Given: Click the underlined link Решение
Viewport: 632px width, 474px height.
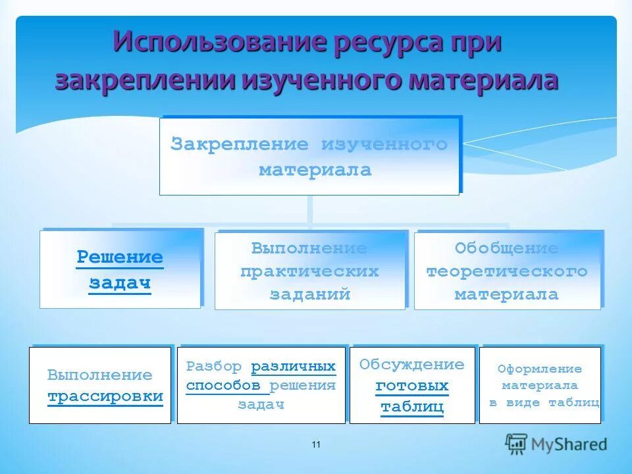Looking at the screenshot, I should [120, 257].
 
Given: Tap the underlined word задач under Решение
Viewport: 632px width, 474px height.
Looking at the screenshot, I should [120, 283].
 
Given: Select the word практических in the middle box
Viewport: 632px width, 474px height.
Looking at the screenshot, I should [309, 271].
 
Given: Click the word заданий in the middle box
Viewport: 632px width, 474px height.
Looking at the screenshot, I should [309, 294].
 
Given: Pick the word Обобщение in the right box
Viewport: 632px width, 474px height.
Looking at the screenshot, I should [507, 249].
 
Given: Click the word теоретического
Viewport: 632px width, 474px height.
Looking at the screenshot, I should [507, 271].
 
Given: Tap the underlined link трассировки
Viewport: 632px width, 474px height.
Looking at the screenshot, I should [105, 396].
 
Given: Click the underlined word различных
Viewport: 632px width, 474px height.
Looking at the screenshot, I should [294, 366].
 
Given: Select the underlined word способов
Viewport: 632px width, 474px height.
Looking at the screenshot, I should [224, 385].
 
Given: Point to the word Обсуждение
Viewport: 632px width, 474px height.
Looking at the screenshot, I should [412, 365].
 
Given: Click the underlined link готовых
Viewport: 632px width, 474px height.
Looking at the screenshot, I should [412, 385].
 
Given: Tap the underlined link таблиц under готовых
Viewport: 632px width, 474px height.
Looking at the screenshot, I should [412, 407].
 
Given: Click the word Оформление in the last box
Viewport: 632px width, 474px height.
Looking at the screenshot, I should [540, 369].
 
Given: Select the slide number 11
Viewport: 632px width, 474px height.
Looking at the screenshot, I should [316, 446].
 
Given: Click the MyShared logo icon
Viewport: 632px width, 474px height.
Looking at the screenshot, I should [517, 444].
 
